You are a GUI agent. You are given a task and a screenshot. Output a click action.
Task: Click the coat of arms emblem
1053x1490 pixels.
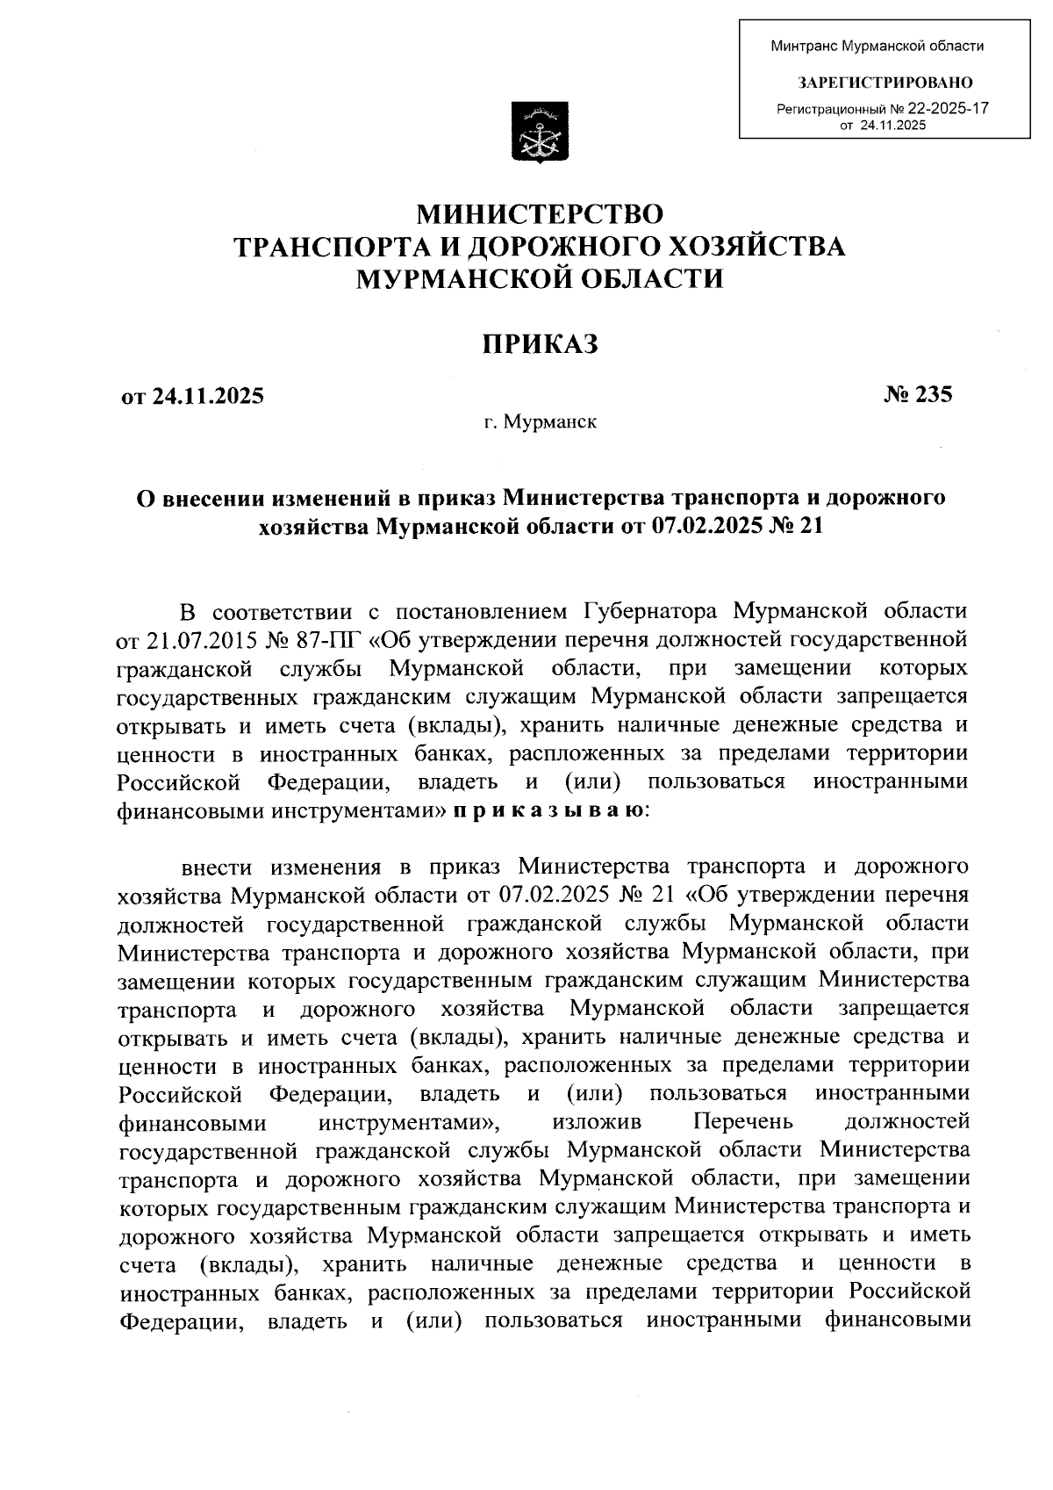click(x=540, y=131)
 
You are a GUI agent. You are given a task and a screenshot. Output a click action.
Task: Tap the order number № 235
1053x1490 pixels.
click(x=918, y=395)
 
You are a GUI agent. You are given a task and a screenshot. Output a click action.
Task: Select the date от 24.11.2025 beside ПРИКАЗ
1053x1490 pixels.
click(x=192, y=396)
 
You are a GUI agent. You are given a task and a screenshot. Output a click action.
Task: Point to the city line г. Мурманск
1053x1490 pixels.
click(x=540, y=423)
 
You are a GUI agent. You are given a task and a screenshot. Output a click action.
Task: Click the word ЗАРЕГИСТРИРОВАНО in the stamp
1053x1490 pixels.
click(x=885, y=83)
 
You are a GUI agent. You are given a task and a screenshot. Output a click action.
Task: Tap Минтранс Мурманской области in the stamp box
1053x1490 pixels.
click(x=877, y=47)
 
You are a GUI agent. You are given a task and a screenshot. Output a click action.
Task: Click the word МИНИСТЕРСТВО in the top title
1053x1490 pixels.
click(x=540, y=213)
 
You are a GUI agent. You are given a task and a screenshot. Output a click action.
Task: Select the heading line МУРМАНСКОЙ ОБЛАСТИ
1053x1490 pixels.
click(x=540, y=279)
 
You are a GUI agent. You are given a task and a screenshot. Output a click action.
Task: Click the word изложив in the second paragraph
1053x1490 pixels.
click(x=597, y=1122)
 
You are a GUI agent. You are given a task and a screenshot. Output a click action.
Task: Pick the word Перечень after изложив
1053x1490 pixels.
click(x=742, y=1122)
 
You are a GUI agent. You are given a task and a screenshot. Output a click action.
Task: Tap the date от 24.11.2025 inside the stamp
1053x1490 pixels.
click(x=883, y=126)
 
